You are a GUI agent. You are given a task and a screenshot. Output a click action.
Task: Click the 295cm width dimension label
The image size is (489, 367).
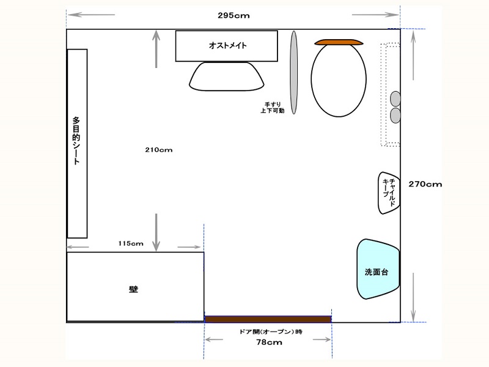(x=233, y=15)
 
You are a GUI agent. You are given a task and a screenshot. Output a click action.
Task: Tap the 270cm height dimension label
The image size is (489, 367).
(x=425, y=184)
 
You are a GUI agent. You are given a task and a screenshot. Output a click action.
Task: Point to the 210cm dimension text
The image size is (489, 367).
(x=159, y=150)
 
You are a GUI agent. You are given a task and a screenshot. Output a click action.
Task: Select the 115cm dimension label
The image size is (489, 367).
(x=131, y=243)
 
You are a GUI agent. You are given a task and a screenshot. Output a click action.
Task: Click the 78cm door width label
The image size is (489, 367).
(x=269, y=343)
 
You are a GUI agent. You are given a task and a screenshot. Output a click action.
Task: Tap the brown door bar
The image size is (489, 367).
(x=268, y=319)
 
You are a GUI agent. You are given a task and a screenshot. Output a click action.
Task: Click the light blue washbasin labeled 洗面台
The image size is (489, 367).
(x=378, y=269)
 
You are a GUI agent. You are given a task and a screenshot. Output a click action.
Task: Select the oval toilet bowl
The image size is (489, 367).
(x=339, y=80)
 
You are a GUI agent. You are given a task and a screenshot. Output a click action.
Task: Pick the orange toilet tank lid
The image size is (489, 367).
(x=339, y=42)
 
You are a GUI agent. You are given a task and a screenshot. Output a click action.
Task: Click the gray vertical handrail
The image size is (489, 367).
(x=294, y=72)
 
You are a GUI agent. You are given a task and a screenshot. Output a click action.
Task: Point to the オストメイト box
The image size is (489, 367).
(x=226, y=46)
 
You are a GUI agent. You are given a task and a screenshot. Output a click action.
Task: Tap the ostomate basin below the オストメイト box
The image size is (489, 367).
(x=227, y=76)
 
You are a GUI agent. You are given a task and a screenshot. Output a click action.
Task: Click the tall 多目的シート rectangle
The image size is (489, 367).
(x=77, y=144)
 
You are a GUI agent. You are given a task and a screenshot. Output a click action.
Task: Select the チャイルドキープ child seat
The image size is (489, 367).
(x=389, y=193)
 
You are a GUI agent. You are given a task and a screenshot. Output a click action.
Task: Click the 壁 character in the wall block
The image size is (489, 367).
(x=133, y=289)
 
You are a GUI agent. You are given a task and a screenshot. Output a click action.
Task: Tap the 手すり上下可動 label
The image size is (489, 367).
(x=273, y=108)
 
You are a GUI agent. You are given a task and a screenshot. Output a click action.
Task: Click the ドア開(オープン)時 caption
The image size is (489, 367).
(x=271, y=332)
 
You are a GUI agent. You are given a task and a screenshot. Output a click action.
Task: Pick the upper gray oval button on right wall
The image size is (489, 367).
(x=395, y=98)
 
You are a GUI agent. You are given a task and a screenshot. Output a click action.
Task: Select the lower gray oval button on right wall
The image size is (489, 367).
(x=395, y=115)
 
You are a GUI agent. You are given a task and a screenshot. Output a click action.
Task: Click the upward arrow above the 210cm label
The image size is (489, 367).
(x=156, y=49)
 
